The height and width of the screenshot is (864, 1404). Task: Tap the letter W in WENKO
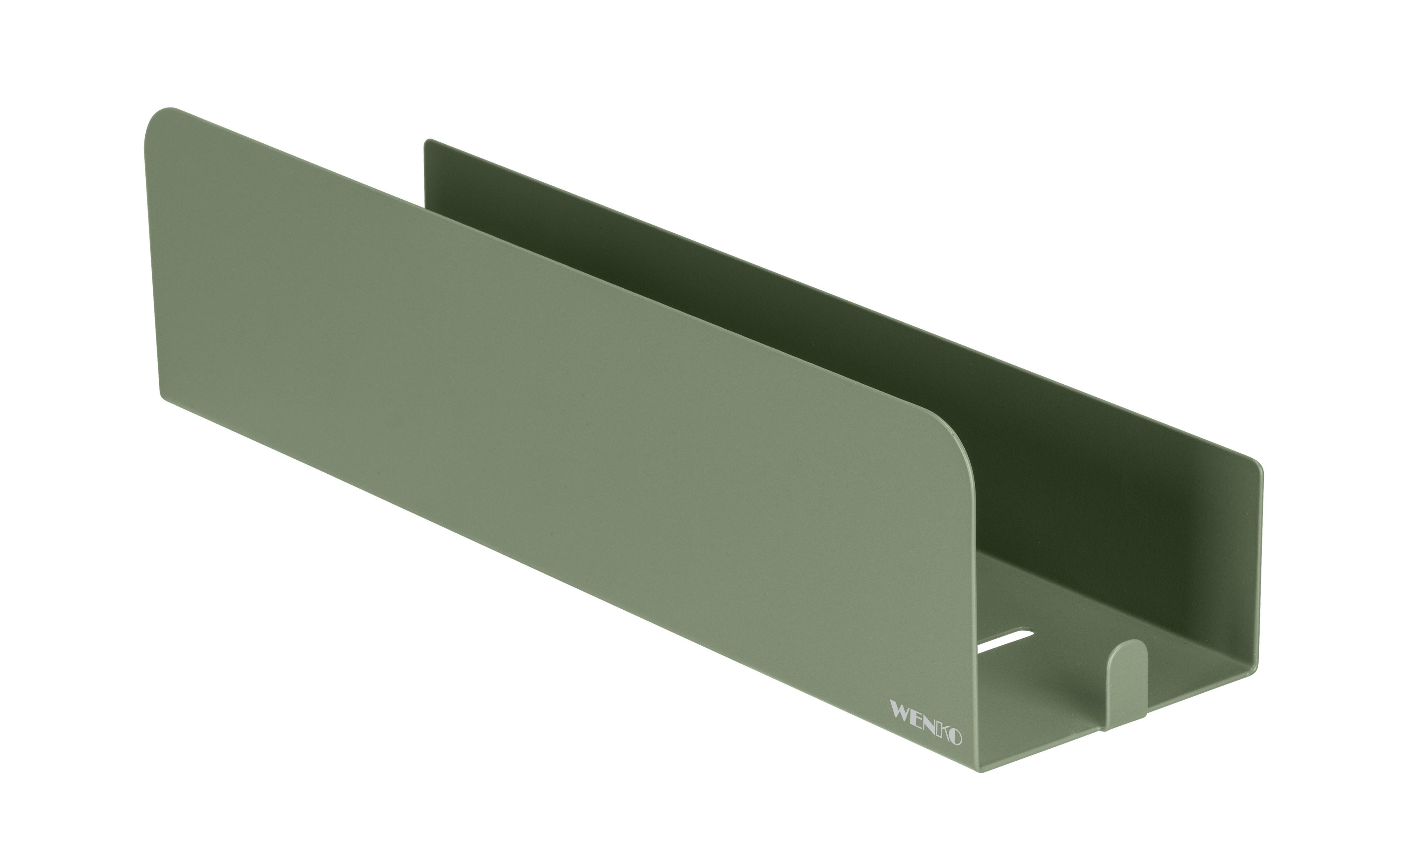click(902, 713)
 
